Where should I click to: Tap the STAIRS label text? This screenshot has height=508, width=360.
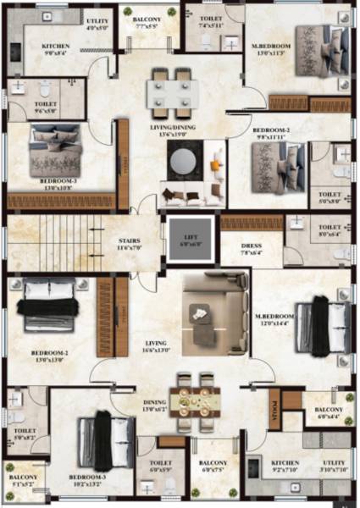point(129,240)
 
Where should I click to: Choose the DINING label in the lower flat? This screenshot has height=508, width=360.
point(153,379)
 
